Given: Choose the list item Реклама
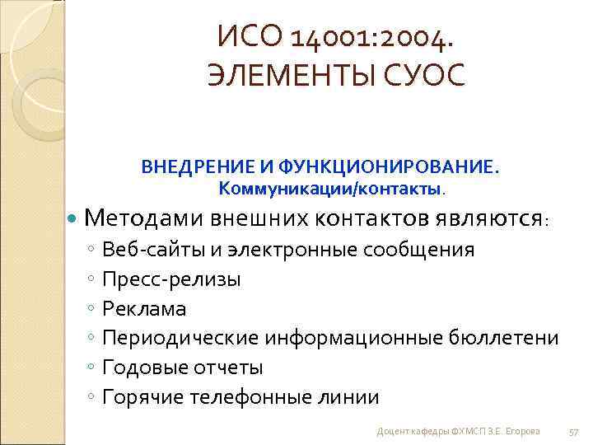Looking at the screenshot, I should (144, 309).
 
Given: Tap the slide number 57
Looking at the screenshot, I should (574, 432).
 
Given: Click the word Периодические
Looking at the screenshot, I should (181, 338).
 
